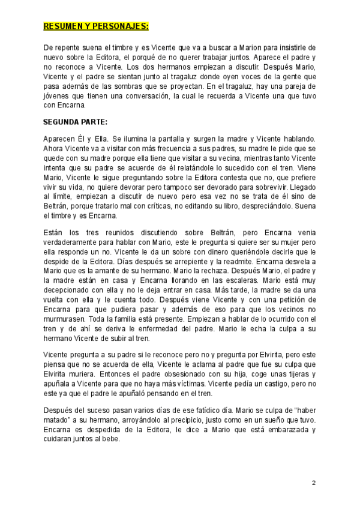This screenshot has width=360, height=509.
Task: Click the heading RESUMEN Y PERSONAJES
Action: pos(96,26)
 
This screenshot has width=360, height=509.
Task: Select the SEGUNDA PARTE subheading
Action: pos(76,121)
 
